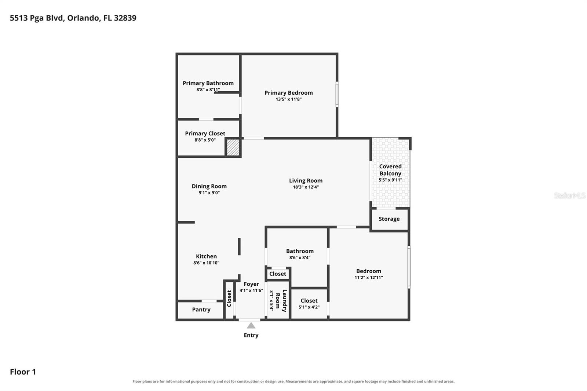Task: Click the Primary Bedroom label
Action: [x=288, y=93]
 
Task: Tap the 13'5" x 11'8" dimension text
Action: [x=288, y=99]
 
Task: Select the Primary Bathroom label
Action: [x=208, y=83]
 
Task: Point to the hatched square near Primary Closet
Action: [x=233, y=147]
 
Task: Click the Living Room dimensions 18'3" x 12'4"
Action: [x=306, y=187]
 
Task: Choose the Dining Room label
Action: [x=209, y=186]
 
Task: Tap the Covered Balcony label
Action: [x=390, y=170]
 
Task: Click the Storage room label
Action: [x=389, y=219]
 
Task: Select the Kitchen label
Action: [x=207, y=256]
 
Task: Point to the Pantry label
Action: [x=201, y=310]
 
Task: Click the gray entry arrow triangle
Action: [x=251, y=326]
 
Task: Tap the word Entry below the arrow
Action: [x=251, y=336]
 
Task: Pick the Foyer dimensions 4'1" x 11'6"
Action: [x=251, y=290]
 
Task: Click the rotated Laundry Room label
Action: [x=281, y=301]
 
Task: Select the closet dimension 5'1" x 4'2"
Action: [x=309, y=307]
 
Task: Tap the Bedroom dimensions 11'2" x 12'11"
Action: [x=369, y=278]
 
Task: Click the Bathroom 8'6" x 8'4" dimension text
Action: [x=300, y=257]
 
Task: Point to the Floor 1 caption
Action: [x=23, y=372]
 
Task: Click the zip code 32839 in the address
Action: [x=125, y=18]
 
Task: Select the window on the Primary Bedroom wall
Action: [x=337, y=94]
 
